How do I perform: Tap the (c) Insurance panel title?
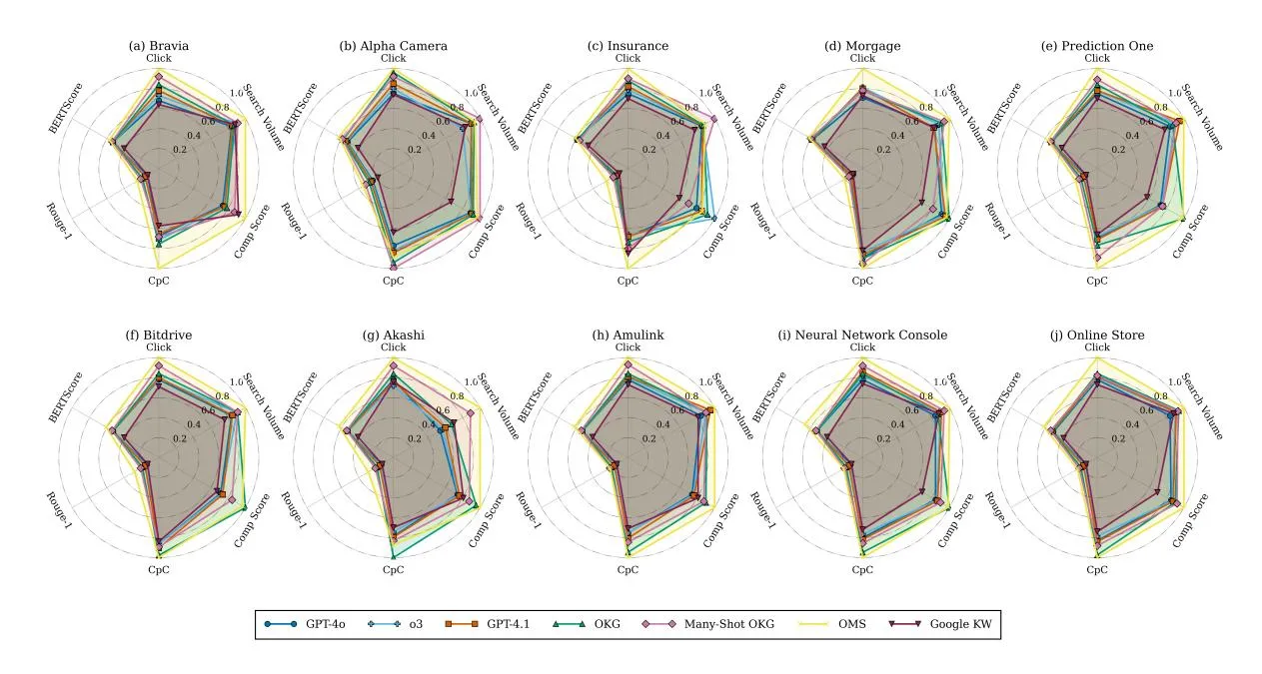pos(628,46)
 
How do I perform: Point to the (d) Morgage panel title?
pos(862,46)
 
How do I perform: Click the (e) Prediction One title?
pos(1097,46)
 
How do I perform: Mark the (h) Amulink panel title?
pos(628,335)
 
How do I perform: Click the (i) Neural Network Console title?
pos(862,335)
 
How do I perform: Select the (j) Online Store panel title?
pos(1097,335)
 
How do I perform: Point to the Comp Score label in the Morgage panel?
pos(956,232)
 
